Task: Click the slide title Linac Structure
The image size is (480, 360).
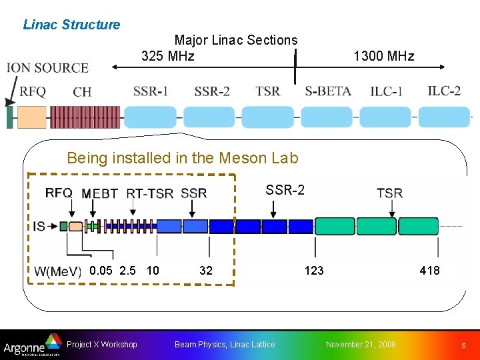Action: click(x=71, y=25)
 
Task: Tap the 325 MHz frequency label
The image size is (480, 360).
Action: click(x=168, y=56)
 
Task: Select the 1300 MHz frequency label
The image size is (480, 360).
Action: click(x=384, y=56)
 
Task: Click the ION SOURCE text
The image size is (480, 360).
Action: click(x=47, y=68)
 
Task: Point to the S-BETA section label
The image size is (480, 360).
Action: click(x=328, y=91)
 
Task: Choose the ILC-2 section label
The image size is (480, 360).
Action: click(x=444, y=91)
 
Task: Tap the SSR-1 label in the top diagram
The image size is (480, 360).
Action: click(x=151, y=91)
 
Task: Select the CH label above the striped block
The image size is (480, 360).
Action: click(x=82, y=92)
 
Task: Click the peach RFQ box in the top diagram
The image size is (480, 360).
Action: click(x=31, y=117)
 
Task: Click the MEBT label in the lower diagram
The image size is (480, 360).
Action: click(x=100, y=193)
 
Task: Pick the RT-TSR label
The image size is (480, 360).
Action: click(x=150, y=193)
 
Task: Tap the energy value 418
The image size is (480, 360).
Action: click(x=429, y=270)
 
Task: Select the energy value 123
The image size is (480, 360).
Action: click(x=314, y=270)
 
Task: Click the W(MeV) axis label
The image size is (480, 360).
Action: click(x=58, y=271)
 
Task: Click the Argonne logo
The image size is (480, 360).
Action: click(x=29, y=345)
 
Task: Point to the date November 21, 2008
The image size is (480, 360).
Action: click(x=360, y=344)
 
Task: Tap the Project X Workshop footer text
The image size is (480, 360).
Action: click(x=102, y=344)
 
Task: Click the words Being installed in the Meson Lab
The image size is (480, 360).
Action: click(x=183, y=158)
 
